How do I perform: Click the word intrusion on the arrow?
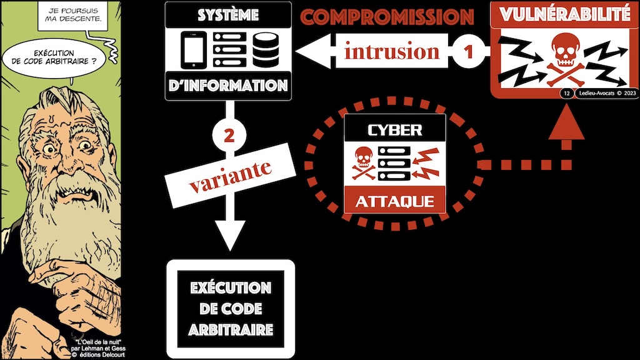click(x=392, y=51)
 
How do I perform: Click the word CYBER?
click(x=394, y=130)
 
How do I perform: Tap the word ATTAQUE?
click(x=394, y=201)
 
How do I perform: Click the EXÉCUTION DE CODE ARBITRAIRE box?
click(x=230, y=307)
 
